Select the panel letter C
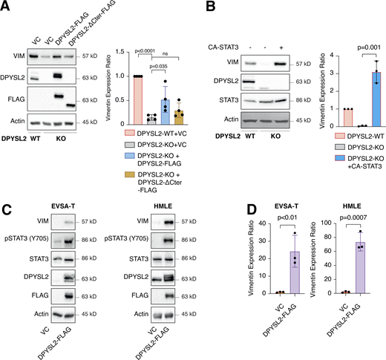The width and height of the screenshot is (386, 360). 6,191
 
